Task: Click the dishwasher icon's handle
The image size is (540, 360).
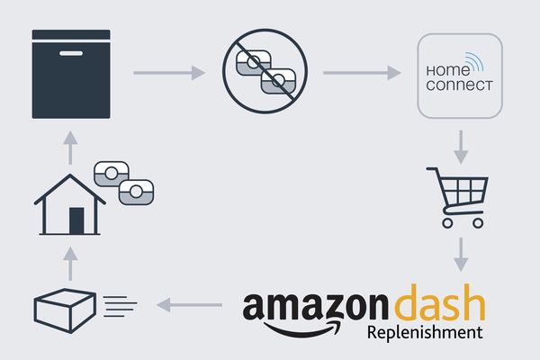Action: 71,53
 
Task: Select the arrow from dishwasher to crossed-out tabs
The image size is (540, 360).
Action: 169,73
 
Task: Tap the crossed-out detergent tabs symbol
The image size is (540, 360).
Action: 265,71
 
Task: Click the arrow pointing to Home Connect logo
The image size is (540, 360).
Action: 363,73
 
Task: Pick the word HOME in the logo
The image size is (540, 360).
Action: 447,70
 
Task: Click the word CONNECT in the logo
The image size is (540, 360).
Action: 459,85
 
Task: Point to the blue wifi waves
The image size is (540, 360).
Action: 474,61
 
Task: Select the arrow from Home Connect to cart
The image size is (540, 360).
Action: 461,147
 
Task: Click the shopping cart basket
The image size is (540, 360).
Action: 464,191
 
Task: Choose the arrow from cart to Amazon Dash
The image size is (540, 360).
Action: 461,255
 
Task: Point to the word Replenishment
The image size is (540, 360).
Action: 425,332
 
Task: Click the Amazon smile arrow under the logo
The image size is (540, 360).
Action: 302,329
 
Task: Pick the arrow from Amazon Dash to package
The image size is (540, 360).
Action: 189,305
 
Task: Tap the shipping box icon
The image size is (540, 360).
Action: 65,310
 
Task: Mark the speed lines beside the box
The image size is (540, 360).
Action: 120,306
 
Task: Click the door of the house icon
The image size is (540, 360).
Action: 76,220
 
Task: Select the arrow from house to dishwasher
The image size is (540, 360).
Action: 70,148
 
